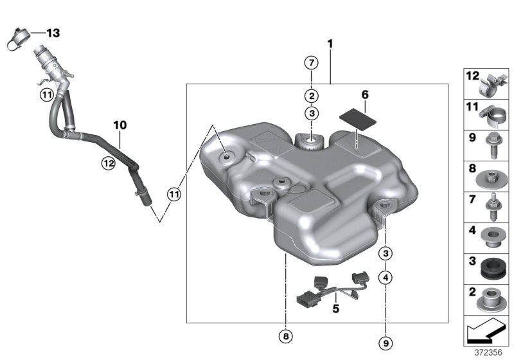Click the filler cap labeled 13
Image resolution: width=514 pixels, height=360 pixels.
coord(19,40)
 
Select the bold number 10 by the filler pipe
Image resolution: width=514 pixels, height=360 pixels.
coord(120,125)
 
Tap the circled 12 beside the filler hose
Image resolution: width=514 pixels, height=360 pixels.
coord(109,163)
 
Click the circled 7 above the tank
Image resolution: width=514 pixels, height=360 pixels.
coord(312,62)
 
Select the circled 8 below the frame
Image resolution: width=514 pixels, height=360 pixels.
coord(286,336)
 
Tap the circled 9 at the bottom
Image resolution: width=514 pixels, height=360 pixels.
coord(385,343)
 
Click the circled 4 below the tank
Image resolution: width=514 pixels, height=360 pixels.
coord(385,278)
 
